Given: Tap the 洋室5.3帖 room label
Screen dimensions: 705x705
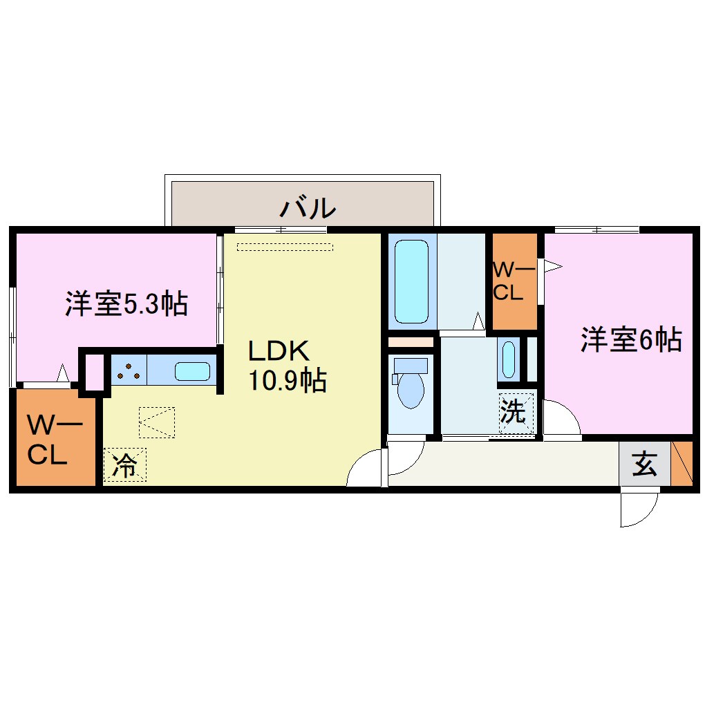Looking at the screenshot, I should (126, 303).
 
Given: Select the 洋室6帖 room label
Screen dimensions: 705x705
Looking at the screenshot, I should (631, 339).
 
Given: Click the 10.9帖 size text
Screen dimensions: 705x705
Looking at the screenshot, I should (288, 381).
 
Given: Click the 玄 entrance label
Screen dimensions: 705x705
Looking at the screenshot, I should (644, 464).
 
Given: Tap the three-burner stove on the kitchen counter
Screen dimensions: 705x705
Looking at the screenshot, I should (129, 372).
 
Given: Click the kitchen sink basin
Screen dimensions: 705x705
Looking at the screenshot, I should (192, 372).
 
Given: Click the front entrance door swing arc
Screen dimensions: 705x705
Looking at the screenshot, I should (640, 509).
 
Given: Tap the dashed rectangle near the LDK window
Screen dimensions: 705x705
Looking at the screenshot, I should (284, 246).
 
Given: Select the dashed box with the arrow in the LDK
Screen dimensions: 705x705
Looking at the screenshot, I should (157, 422).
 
